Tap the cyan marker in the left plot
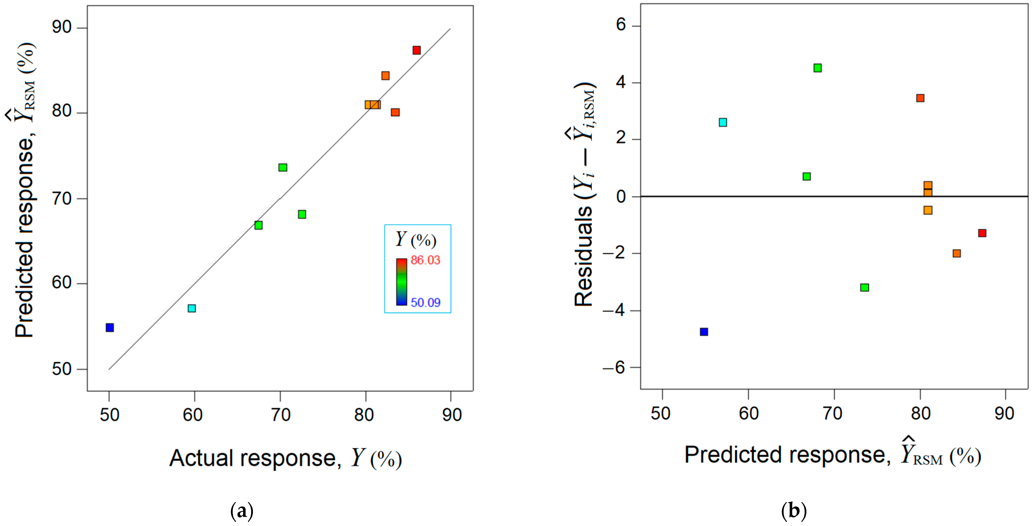[x=192, y=308]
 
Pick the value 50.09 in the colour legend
[x=425, y=303]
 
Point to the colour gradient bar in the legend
[x=401, y=282]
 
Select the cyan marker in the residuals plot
[x=723, y=122]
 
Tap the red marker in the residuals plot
[x=982, y=233]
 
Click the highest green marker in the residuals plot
[x=818, y=68]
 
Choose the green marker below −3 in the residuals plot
[x=865, y=287]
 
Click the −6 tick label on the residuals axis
[x=613, y=367]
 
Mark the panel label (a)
[x=242, y=511]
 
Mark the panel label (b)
[x=793, y=511]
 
